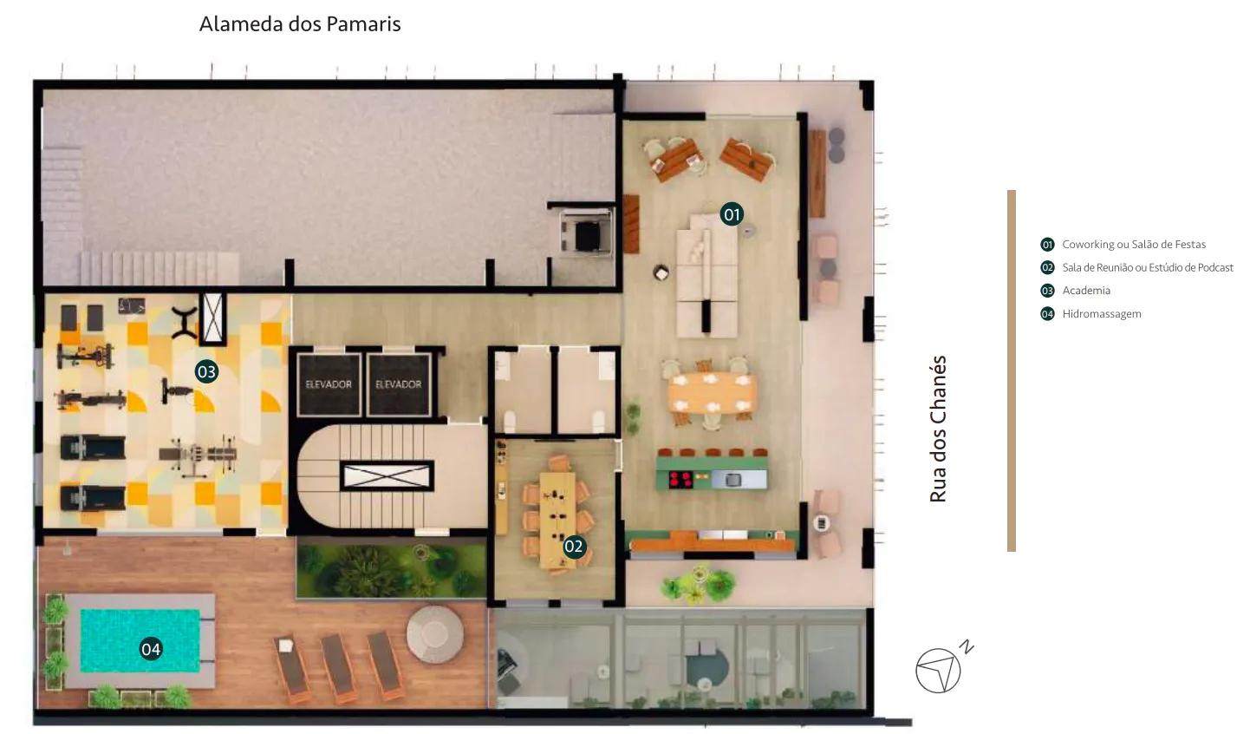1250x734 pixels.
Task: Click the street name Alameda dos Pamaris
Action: click(x=300, y=24)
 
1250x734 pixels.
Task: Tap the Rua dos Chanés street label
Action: click(x=938, y=429)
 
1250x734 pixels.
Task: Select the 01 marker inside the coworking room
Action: click(x=732, y=214)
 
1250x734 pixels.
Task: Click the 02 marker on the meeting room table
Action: click(x=574, y=547)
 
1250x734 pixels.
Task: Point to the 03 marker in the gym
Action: click(x=206, y=371)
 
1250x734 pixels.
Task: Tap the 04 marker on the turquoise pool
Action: click(x=151, y=649)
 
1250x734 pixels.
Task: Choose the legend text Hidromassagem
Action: click(x=1102, y=314)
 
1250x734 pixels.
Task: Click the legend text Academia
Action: click(x=1086, y=291)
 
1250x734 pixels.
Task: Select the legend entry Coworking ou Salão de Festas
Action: click(x=1134, y=244)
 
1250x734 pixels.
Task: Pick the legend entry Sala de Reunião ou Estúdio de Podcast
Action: click(x=1148, y=267)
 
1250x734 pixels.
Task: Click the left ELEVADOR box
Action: click(x=329, y=384)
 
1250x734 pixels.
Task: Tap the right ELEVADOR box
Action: click(x=399, y=384)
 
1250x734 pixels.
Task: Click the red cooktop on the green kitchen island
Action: click(x=680, y=479)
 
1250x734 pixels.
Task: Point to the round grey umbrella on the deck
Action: click(x=434, y=634)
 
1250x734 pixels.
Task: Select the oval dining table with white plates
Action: click(x=712, y=393)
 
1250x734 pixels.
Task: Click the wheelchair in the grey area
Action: click(x=585, y=233)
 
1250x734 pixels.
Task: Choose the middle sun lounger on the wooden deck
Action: click(x=338, y=667)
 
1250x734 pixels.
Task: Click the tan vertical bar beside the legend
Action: click(x=1011, y=371)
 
